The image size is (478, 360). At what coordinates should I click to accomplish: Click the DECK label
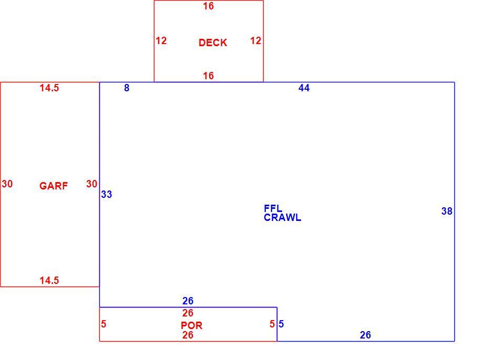click(x=213, y=43)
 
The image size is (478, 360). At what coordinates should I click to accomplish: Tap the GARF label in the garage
click(x=54, y=186)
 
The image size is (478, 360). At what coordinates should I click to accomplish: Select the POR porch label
click(x=191, y=325)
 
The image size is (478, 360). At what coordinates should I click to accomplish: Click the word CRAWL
click(x=282, y=217)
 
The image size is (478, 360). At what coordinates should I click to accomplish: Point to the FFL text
click(x=273, y=208)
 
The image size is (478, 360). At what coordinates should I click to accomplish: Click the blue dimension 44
click(x=304, y=88)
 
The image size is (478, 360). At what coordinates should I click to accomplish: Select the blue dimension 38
click(x=447, y=211)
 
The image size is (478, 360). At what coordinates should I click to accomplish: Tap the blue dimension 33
click(x=107, y=194)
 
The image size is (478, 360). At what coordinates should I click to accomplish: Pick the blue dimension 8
click(x=127, y=88)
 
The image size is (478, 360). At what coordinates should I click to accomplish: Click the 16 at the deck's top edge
click(x=209, y=6)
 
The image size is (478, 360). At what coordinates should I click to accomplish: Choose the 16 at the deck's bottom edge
click(x=209, y=76)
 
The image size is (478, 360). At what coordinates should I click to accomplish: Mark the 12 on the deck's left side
click(x=161, y=40)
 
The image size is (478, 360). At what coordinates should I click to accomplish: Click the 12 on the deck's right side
click(x=256, y=40)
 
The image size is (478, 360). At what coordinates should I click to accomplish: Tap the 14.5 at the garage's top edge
click(x=49, y=88)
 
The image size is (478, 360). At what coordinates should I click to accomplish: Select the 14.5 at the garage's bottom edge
click(x=49, y=280)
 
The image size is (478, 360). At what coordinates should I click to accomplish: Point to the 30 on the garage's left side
click(x=7, y=184)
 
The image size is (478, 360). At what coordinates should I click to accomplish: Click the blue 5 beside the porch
click(x=281, y=324)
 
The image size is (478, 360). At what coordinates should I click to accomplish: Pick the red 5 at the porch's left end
click(x=103, y=324)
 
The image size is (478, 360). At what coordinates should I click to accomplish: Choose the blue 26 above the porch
click(x=188, y=301)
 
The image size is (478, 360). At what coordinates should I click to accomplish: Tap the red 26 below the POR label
click(x=188, y=335)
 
